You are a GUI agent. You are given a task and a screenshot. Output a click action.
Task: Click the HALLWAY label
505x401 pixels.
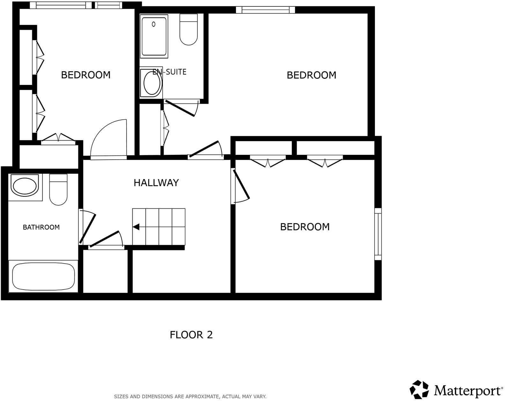coord(156,183)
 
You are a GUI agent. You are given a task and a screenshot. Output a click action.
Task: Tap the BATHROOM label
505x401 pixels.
coord(41,227)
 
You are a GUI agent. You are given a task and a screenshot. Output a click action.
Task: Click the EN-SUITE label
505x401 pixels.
coord(169,72)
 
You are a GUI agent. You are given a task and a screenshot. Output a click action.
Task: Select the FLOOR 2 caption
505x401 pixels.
coord(191,335)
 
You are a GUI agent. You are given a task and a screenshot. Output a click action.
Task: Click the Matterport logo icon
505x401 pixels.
coord(419,390)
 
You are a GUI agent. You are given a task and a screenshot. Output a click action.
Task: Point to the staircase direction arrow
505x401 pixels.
coord(136,227)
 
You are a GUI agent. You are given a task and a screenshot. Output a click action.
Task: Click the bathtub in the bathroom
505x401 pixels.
coord(43,276)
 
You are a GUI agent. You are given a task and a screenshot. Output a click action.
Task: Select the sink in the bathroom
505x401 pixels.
coord(24,186)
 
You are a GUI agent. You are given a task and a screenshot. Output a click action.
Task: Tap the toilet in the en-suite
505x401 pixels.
coord(189,29)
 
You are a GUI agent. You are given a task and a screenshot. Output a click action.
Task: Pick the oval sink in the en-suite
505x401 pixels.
coord(152,83)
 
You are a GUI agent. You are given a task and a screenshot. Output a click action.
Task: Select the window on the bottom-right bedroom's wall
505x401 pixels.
coord(378,234)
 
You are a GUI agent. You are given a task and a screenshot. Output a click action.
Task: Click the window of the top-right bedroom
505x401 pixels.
coord(265,10)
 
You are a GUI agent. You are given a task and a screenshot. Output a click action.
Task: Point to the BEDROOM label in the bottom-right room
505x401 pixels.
coord(305,227)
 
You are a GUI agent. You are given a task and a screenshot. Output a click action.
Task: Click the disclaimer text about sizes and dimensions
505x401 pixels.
coord(190,397)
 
